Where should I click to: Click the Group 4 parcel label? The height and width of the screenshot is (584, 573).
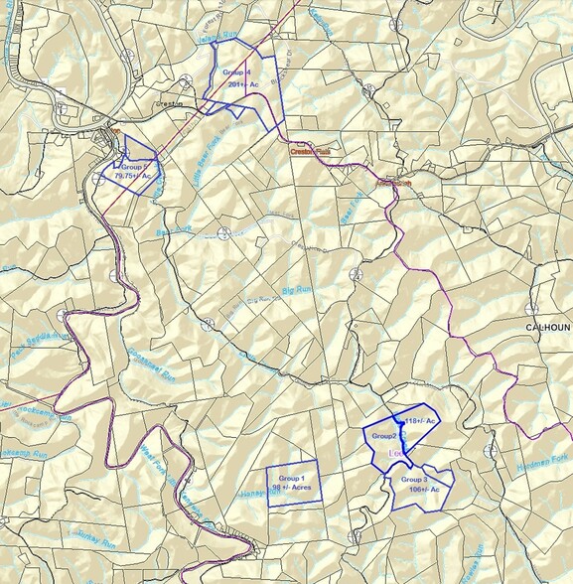[236, 73]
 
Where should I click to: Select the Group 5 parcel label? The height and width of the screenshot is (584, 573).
[134, 167]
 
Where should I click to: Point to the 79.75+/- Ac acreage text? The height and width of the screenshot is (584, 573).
[133, 176]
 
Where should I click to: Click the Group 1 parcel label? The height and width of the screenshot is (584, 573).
[293, 478]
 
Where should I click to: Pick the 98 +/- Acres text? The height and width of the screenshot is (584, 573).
[292, 488]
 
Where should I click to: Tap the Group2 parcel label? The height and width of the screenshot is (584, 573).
[384, 436]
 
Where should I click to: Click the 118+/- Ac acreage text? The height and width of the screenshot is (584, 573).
[418, 421]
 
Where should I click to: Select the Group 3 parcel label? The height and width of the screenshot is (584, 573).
[414, 479]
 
